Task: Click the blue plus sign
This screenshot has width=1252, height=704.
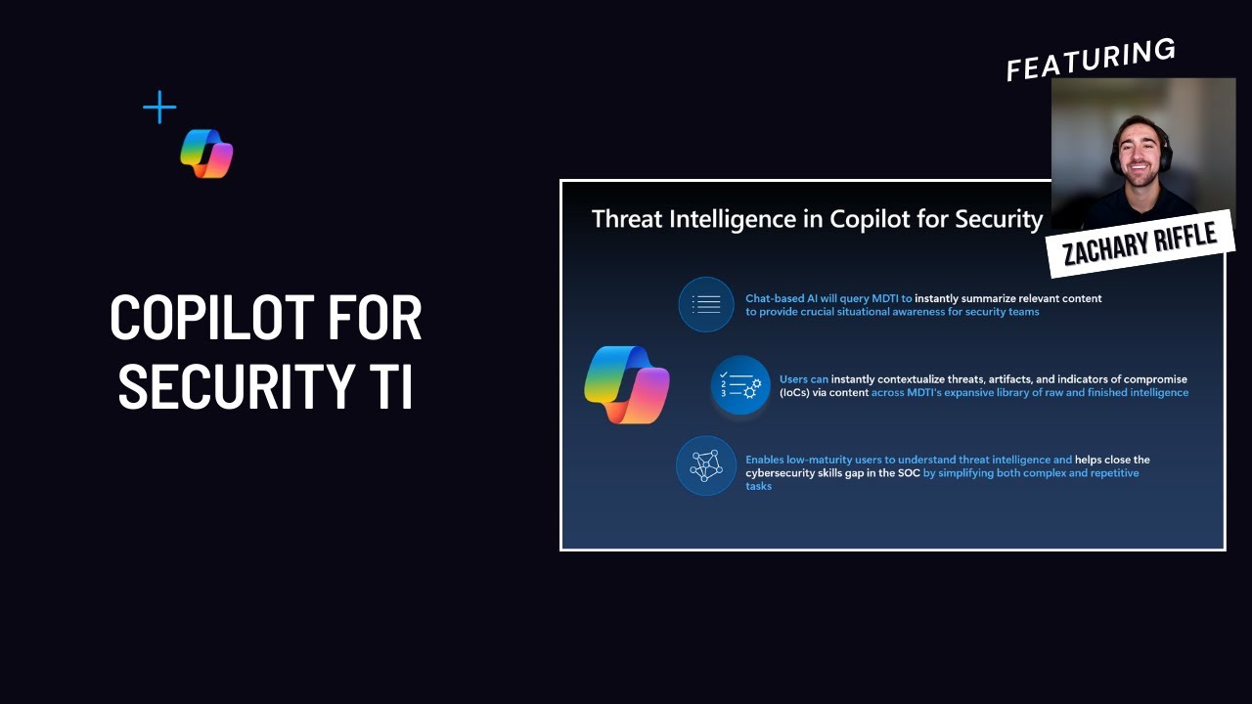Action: click(159, 108)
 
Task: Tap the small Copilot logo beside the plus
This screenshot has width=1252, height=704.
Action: click(206, 154)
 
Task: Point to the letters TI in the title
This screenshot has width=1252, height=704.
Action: click(392, 386)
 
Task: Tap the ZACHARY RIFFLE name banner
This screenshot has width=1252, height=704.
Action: click(1139, 242)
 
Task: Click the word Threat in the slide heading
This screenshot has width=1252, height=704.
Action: click(627, 219)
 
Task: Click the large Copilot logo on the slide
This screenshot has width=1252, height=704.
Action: click(627, 384)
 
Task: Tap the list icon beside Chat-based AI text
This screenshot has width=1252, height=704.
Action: click(706, 304)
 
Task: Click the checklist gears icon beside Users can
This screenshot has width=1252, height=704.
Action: click(740, 385)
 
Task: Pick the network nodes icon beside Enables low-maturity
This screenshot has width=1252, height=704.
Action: click(706, 465)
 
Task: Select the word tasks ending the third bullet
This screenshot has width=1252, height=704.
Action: click(759, 486)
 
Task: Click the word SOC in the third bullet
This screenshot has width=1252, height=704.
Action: click(906, 473)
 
